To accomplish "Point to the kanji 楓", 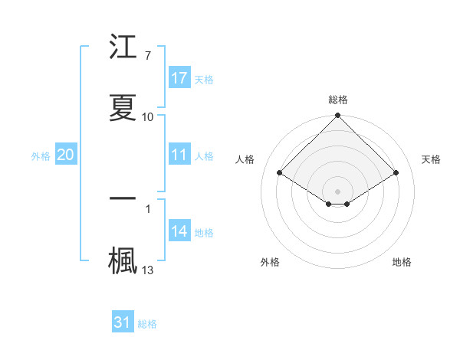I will click(x=123, y=259).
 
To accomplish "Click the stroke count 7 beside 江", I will click(x=147, y=55).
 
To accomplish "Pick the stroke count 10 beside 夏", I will click(x=148, y=116).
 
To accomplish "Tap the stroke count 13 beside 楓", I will click(x=148, y=269).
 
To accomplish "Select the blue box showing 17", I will click(x=179, y=78).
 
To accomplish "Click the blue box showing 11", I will click(x=179, y=155).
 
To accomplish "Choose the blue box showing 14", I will click(x=179, y=231).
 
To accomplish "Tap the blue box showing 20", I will click(x=66, y=155).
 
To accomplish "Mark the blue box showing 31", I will click(x=123, y=322).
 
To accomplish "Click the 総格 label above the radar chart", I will click(x=338, y=100).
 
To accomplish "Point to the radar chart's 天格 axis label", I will click(x=432, y=159).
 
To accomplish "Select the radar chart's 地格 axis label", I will click(x=402, y=262).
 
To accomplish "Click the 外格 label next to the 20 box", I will click(x=41, y=155).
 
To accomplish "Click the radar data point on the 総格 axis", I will click(x=338, y=116).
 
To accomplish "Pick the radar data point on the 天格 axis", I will click(x=396, y=172).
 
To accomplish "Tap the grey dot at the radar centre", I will click(x=338, y=191).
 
